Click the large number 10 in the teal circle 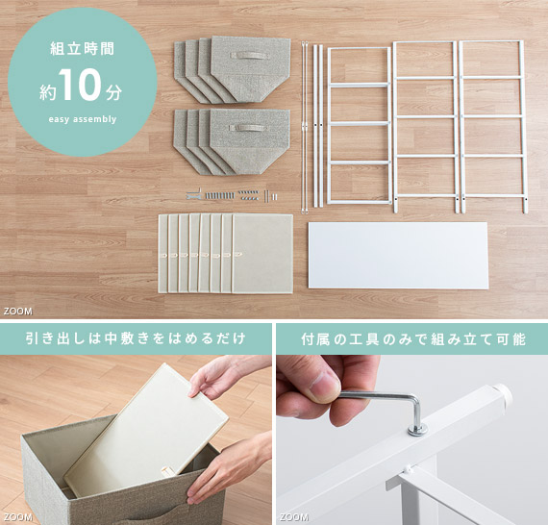81,85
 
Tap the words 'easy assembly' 83,119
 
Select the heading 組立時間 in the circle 83,49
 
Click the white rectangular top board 398,256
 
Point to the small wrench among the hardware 193,195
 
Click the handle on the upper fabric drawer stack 250,56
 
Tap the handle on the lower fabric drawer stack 250,128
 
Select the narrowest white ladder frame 359,126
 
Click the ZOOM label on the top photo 18,312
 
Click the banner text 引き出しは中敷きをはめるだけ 136,339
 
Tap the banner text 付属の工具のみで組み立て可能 413,339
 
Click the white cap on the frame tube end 502,394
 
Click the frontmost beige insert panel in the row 262,254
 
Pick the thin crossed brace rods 305,127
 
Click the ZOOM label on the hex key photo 294,517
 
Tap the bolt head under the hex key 417,429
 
